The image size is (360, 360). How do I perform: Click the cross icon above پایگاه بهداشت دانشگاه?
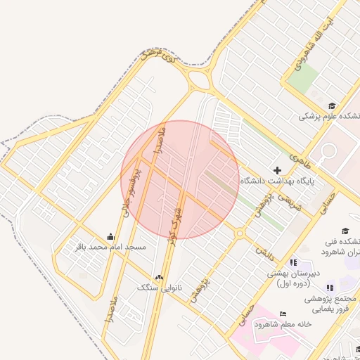(x=277, y=170)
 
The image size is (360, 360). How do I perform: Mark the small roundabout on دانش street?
(x=240, y=233)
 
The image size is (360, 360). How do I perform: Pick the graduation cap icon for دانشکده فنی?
(x=345, y=231)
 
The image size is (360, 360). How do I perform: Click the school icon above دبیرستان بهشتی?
(x=293, y=262)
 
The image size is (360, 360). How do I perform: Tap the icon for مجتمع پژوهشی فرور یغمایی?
(x=329, y=288)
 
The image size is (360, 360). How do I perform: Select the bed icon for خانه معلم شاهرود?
(x=283, y=313)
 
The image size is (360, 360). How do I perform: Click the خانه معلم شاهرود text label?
(x=283, y=324)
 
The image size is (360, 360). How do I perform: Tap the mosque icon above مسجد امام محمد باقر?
(x=110, y=237)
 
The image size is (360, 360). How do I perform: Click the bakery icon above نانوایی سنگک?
(x=159, y=277)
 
